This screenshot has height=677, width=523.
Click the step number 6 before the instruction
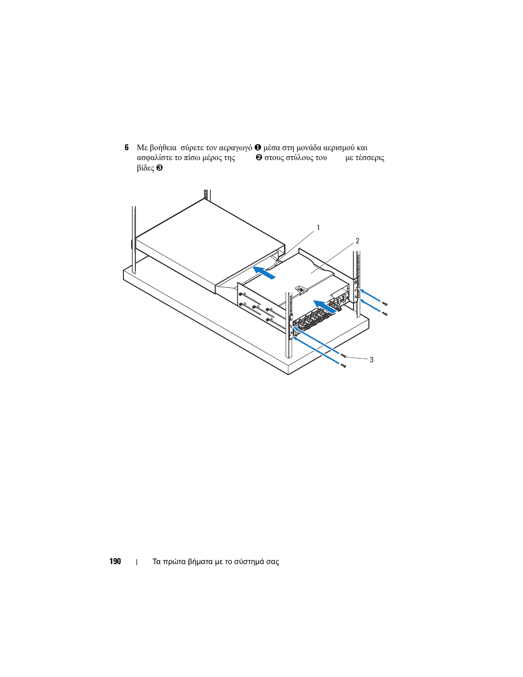coord(127,147)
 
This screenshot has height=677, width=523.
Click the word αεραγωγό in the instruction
coord(235,148)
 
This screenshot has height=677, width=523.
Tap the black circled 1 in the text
coord(257,147)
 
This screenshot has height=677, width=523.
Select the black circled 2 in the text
coord(258,158)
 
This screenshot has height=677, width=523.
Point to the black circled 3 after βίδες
coord(159,168)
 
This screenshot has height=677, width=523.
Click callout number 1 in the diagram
coord(318,228)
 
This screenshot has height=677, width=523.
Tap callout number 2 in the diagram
coord(357,241)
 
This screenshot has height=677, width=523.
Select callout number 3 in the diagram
coord(372,360)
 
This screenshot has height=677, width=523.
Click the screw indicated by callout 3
coord(344,356)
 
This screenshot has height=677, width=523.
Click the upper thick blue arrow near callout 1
coord(264,272)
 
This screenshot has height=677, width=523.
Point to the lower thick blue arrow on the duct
coord(325,307)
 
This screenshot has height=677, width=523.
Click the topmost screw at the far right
coord(386,304)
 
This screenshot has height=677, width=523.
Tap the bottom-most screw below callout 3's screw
coord(344,366)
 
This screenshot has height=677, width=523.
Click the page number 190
coord(115,561)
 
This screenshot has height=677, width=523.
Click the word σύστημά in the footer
coord(251,562)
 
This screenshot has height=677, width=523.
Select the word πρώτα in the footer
coord(175,562)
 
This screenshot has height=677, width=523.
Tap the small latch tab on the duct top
coord(299,288)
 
